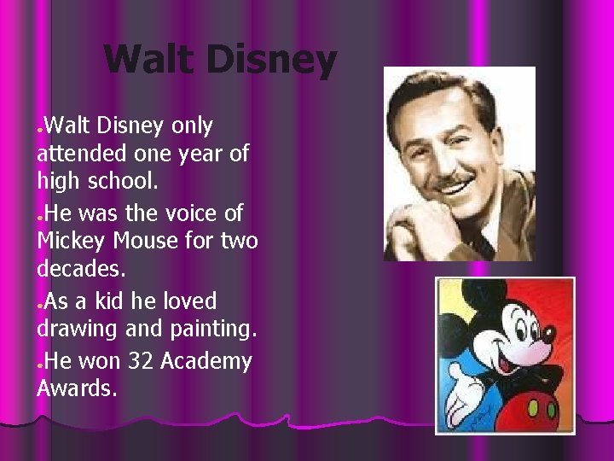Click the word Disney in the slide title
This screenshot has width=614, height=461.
click(x=271, y=61)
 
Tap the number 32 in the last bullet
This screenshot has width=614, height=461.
click(x=141, y=361)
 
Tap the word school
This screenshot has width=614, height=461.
click(x=114, y=182)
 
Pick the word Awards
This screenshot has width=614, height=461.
click(x=74, y=389)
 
